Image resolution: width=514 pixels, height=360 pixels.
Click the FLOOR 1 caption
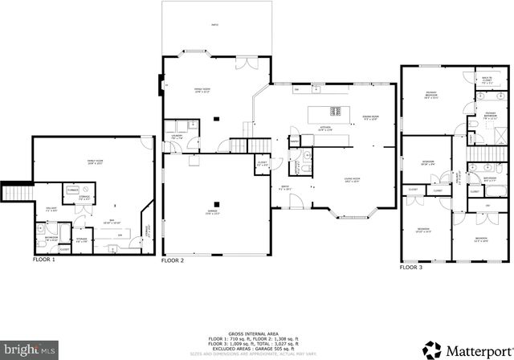pos(44,260)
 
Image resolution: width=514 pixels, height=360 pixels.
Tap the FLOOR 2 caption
pos(173,261)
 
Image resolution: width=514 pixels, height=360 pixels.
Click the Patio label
pos(215,26)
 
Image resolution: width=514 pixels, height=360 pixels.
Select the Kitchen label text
pos(326,128)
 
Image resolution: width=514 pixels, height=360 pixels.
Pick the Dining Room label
pos(370,117)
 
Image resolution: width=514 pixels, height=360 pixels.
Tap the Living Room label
pos(352,179)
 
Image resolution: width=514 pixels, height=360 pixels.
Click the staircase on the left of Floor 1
pos(17,193)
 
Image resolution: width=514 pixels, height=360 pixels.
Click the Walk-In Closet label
pos(487,80)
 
